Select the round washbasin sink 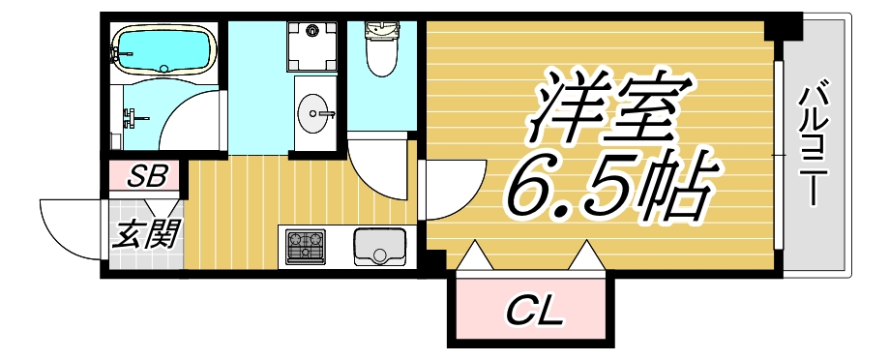[315, 114]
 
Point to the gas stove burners [306, 246]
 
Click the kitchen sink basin [381, 246]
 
